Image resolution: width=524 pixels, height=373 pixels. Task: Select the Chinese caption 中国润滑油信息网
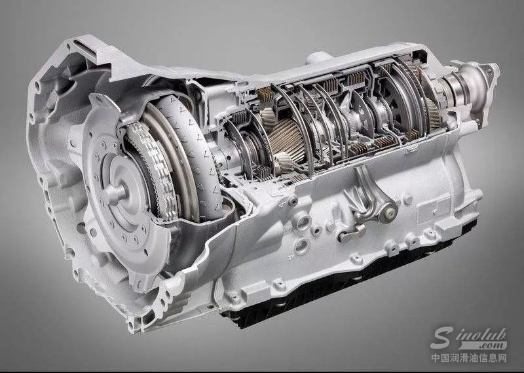(468, 358)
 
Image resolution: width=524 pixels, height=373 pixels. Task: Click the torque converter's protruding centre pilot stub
(114, 193)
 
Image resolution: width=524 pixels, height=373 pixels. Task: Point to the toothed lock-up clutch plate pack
(153, 171)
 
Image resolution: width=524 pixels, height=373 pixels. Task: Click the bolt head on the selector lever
(390, 212)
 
